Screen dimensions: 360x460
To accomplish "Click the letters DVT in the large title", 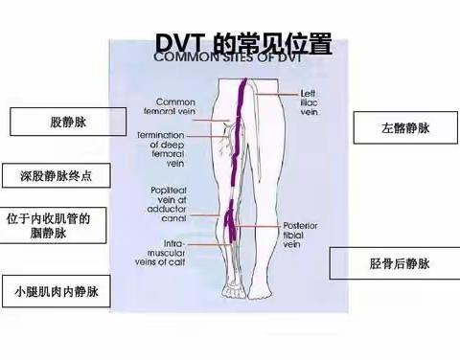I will [179, 43].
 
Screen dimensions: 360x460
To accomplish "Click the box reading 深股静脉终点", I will [58, 176].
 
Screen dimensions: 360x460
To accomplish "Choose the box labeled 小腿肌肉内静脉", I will [57, 288].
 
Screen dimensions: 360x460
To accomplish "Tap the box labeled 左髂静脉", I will [398, 127].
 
